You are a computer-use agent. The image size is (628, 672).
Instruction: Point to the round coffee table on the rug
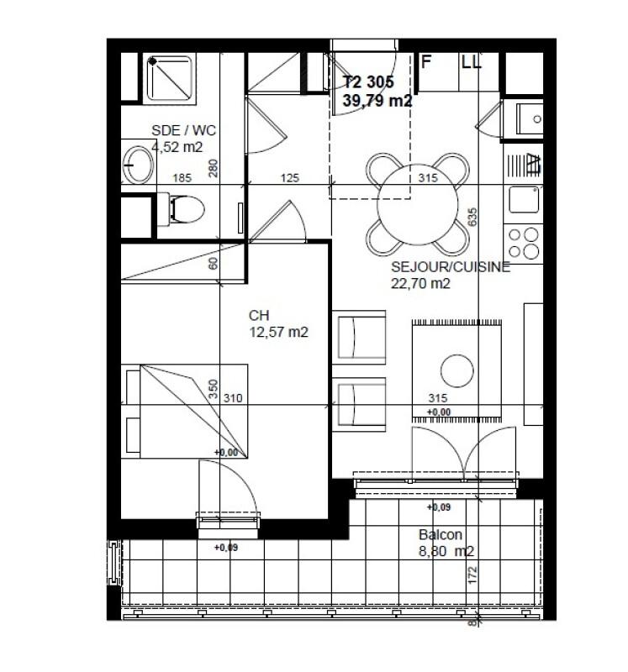(458, 370)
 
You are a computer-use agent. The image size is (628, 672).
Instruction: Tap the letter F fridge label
(426, 61)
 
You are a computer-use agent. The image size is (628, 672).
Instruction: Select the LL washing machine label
(471, 61)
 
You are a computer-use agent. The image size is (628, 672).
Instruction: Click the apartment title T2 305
(369, 82)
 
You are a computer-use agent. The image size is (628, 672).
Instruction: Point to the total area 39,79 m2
(377, 100)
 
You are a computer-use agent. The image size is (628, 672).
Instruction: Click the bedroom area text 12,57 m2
(278, 332)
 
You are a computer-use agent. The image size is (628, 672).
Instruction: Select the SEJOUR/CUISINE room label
(451, 268)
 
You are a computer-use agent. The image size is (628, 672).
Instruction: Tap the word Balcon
(441, 535)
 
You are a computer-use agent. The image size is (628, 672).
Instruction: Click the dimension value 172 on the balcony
(472, 575)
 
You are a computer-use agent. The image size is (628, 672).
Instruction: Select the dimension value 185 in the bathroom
(182, 178)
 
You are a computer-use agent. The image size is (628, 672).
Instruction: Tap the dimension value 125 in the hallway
(290, 178)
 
